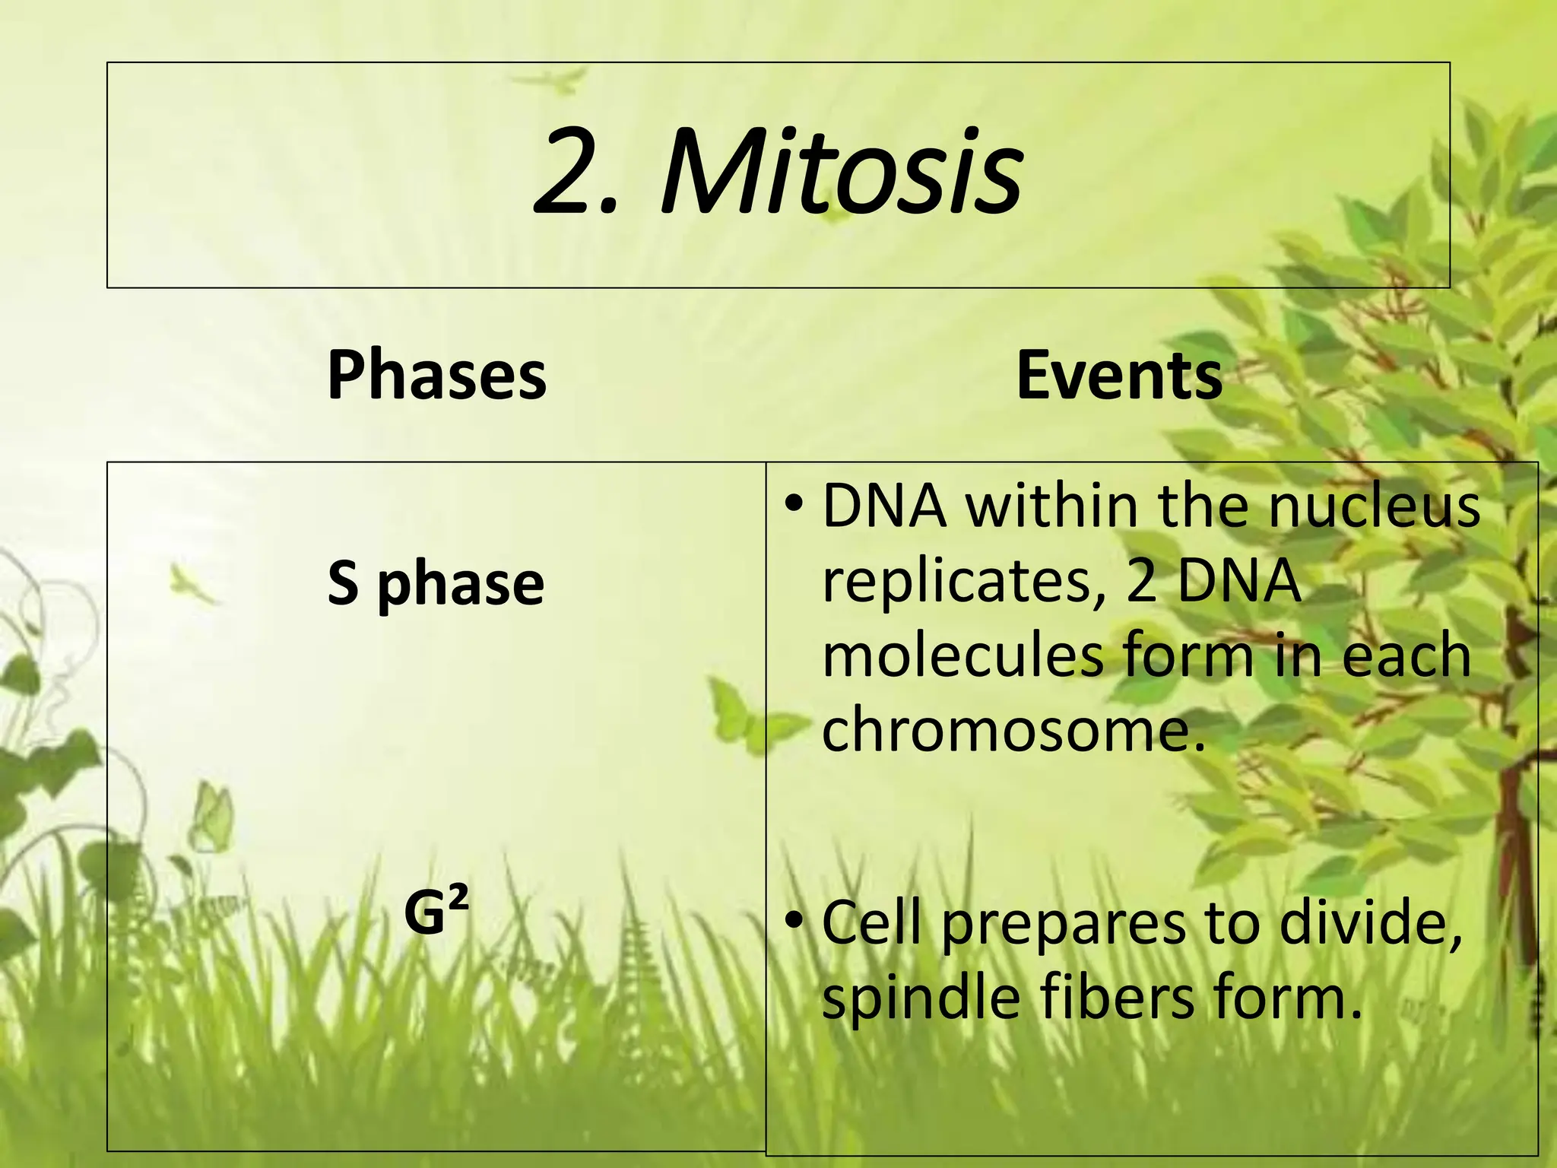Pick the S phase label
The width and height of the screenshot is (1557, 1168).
pos(436,584)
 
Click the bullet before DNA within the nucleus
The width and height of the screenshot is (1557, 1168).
pos(794,503)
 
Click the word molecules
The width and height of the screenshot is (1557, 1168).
pos(962,655)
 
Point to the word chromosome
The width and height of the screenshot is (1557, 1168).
pos(1004,728)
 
